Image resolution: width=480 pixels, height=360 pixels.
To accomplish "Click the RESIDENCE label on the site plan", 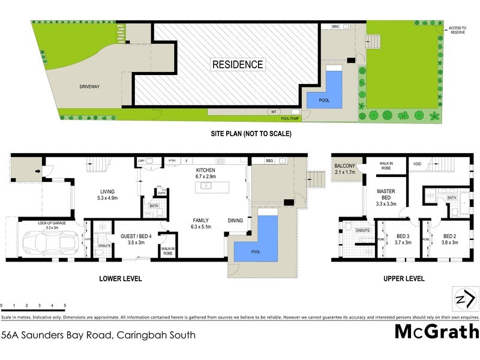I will click(x=237, y=64).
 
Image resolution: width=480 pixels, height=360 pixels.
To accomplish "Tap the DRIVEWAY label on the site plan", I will click(x=89, y=86).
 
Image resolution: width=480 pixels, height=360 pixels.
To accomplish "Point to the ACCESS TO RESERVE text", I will click(x=459, y=30).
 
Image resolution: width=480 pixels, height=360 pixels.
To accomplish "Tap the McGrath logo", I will click(x=436, y=331).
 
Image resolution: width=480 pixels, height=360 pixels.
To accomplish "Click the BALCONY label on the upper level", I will click(x=345, y=169).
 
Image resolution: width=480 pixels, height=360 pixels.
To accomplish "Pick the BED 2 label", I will click(x=451, y=239).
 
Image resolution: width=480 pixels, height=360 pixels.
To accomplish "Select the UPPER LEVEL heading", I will click(x=404, y=278).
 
